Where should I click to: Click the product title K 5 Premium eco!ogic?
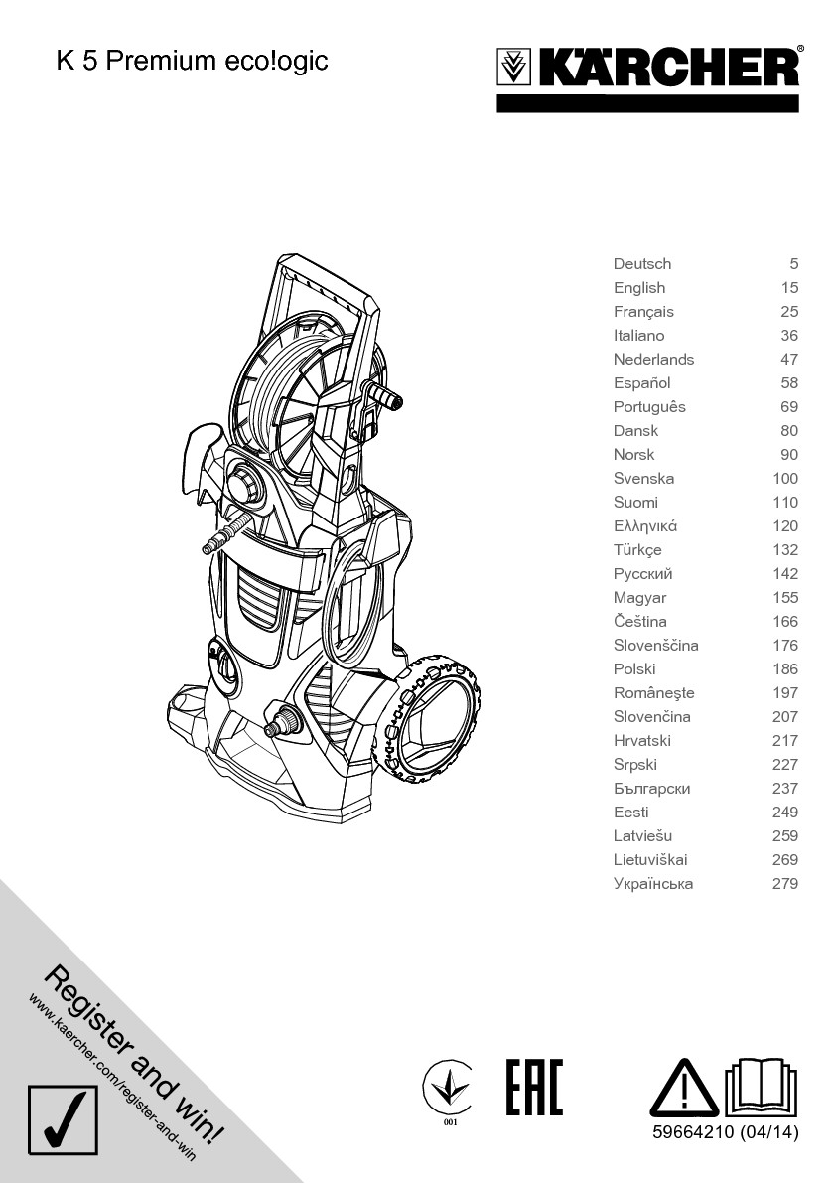coord(193,62)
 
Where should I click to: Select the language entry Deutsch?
coord(642,264)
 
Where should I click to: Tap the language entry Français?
coord(643,312)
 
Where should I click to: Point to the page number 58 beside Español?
coord(789,383)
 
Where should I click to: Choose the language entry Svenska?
coord(643,479)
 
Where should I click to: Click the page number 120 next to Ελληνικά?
coord(785,525)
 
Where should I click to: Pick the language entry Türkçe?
coord(637,550)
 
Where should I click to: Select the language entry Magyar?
coord(640,598)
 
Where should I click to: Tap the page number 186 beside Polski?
coord(785,669)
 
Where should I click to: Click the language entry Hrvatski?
coord(642,741)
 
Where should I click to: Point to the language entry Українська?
coord(653,883)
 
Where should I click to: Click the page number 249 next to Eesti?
coord(785,813)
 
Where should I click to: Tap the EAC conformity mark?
coord(534,1088)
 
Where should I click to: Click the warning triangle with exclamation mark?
coord(684,1089)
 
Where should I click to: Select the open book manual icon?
coord(761,1088)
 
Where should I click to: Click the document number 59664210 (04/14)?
coord(725,1131)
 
